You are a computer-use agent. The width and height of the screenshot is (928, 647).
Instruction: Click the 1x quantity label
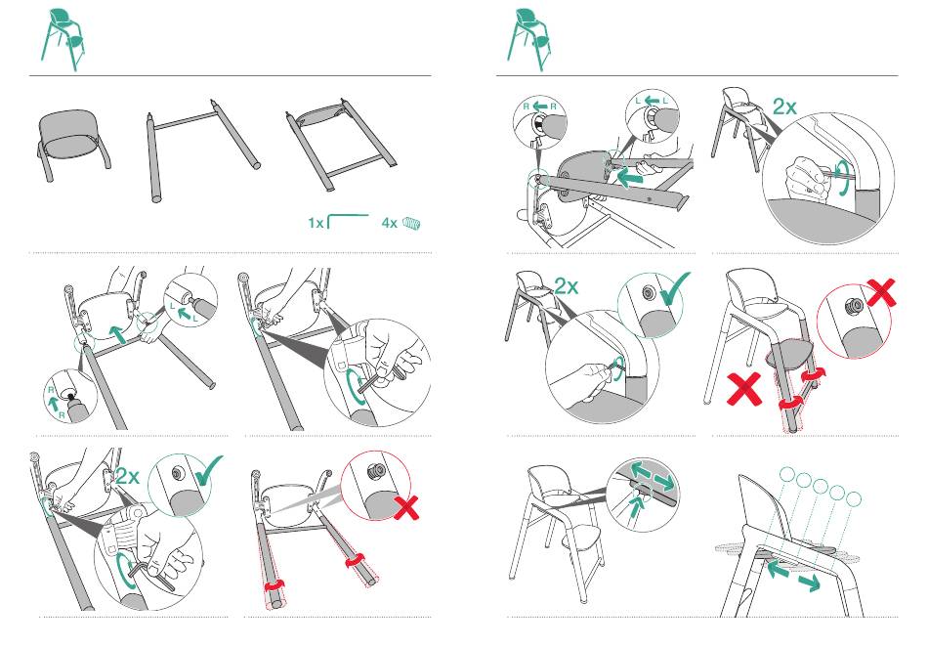(316, 223)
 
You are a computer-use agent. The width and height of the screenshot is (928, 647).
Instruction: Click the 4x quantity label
(389, 223)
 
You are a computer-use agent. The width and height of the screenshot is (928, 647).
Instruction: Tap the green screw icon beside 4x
(414, 223)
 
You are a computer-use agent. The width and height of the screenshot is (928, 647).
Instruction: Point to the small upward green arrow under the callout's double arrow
(639, 503)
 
